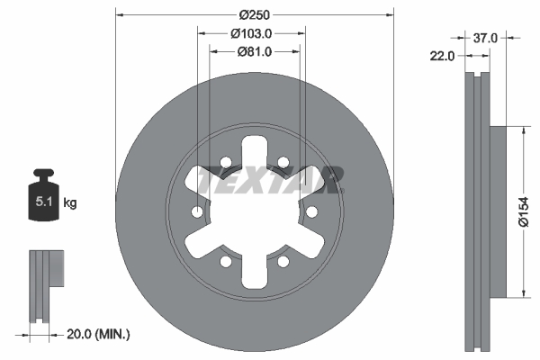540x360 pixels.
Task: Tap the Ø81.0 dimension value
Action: [255, 51]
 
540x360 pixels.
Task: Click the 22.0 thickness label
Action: [441, 56]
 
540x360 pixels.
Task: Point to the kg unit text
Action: [69, 202]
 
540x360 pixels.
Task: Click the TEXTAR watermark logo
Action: [270, 179]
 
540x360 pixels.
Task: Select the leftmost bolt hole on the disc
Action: [197, 212]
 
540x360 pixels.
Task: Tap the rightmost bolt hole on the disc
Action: [312, 212]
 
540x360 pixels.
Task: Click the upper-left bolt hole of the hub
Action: [226, 163]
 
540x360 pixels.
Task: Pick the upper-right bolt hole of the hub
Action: [283, 163]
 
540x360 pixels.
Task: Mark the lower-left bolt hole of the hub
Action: [226, 262]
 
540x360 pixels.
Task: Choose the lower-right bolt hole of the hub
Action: [283, 262]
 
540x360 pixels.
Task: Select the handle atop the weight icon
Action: [42, 174]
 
